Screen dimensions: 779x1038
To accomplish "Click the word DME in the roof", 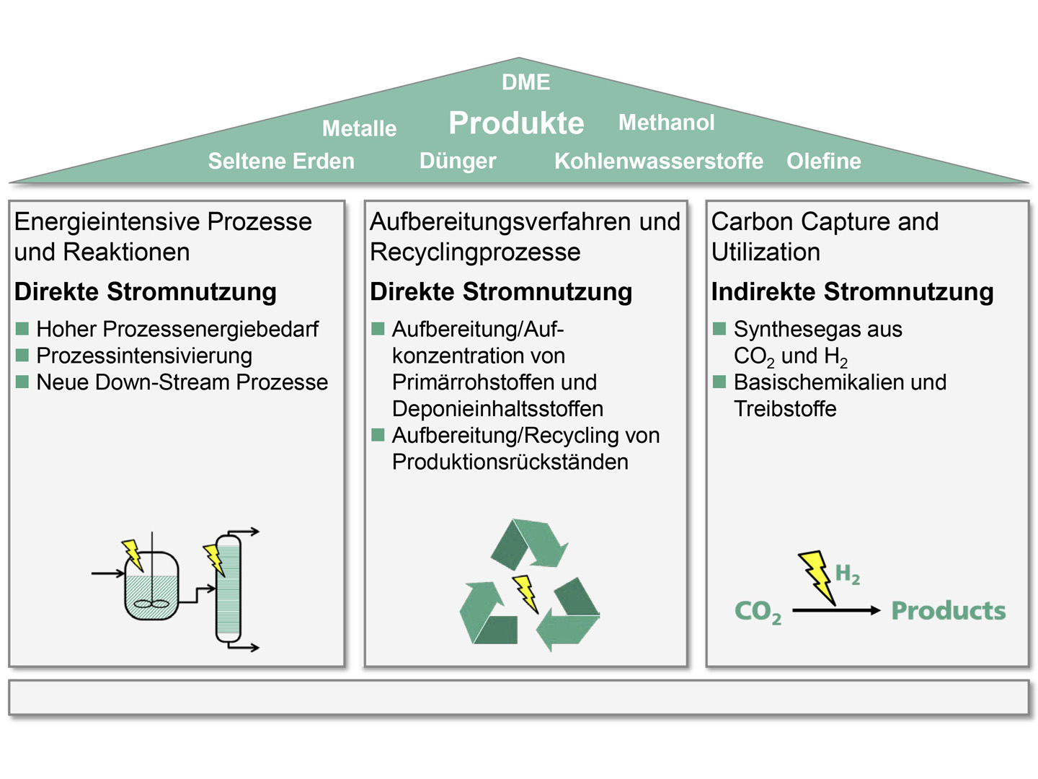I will coord(525,82).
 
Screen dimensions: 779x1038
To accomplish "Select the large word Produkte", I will coord(516,123).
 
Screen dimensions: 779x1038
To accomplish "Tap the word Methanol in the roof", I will coord(666,123).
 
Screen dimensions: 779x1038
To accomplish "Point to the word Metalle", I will coord(359,128).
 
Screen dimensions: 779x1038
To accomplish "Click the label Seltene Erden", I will coord(281,161).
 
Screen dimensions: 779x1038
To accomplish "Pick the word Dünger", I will coord(458,161).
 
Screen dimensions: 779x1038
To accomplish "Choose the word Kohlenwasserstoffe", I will coord(658,161).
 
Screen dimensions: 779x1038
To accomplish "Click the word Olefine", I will coord(823,161).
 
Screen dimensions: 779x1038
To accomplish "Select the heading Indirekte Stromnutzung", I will coord(852,291).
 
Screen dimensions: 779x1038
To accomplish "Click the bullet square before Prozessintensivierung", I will coord(22,355).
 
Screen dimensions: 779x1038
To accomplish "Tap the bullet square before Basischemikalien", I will coord(719,382).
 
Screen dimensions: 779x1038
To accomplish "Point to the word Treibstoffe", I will coord(785,409).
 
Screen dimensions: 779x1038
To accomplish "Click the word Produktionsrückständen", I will coord(510,462).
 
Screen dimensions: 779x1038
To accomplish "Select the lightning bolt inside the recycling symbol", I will coord(526,593).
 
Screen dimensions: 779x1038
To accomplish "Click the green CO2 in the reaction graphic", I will coord(757,612).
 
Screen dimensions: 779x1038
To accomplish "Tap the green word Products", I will coord(948,610).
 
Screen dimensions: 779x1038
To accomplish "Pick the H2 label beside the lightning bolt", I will coord(847,575).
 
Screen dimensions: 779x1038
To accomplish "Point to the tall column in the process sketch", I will coord(229,588).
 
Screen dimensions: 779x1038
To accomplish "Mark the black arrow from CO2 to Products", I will coord(836,610).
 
